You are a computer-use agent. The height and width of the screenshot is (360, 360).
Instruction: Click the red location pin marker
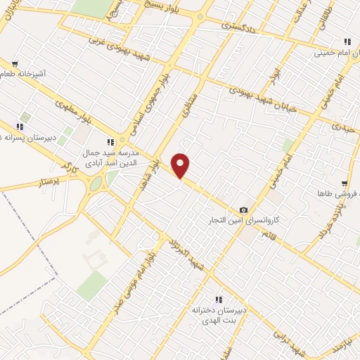[181, 166]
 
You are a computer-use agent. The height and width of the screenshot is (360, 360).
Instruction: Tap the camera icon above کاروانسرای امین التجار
[243, 210]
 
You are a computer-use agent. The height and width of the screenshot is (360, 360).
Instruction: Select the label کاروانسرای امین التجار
[246, 221]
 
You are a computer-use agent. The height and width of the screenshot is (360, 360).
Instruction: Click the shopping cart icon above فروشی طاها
[344, 182]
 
